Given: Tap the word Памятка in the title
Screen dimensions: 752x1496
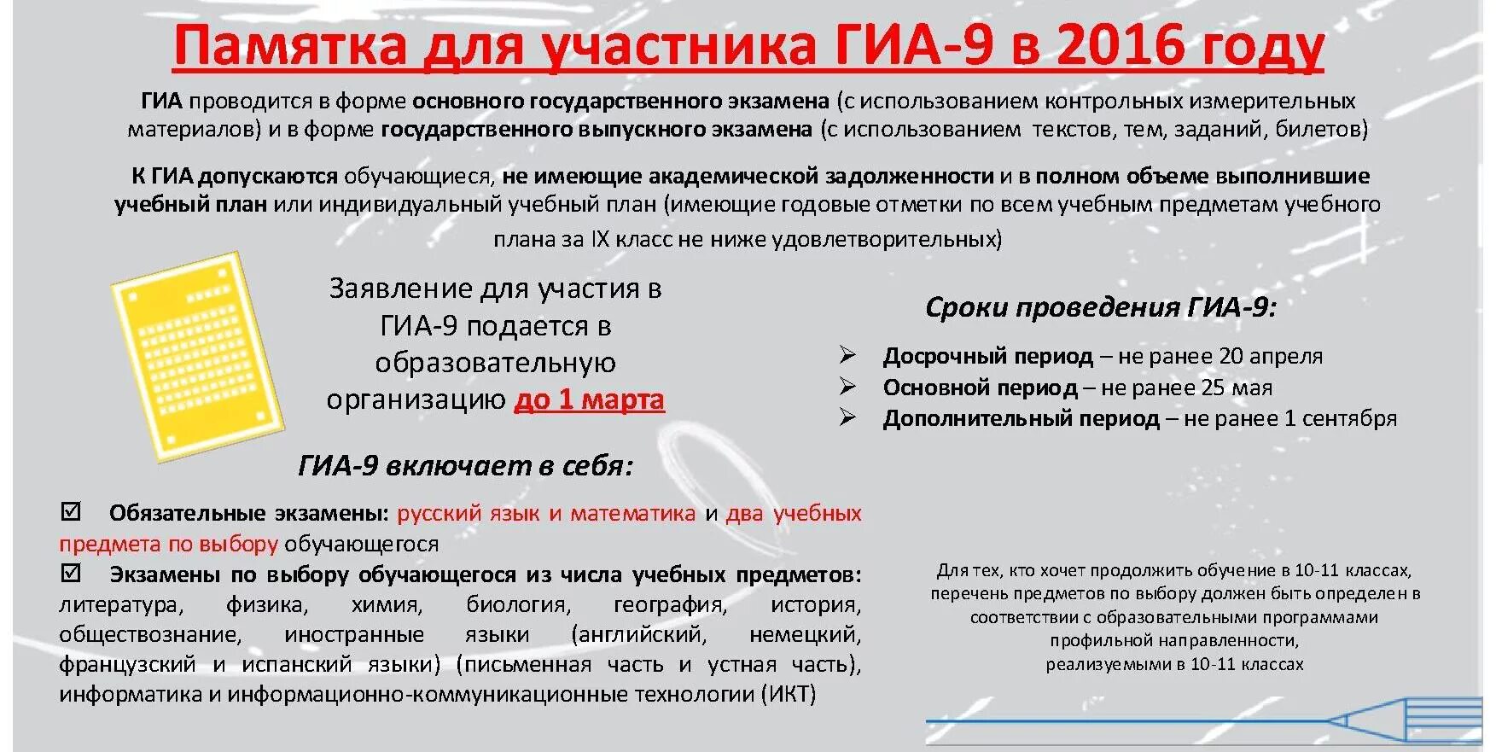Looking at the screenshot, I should click(290, 44).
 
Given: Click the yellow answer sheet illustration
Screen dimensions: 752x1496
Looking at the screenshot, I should click(198, 358).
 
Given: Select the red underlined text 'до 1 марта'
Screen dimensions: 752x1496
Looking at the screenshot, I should click(589, 399).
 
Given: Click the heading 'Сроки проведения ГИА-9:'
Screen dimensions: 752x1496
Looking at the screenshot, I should click(1101, 307).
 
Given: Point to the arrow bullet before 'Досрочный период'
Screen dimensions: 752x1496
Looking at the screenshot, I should click(847, 355).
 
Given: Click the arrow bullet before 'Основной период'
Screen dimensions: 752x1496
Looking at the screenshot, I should click(847, 387).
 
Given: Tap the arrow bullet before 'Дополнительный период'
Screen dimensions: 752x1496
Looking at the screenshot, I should click(847, 417).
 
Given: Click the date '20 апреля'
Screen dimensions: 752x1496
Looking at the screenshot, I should click(1271, 356).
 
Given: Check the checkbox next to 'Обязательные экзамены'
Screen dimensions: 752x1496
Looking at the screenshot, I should click(71, 512).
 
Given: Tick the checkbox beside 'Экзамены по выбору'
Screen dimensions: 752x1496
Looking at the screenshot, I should click(71, 573).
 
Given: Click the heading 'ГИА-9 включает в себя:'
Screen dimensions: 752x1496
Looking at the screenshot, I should click(466, 466).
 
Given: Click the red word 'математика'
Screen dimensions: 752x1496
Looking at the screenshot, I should click(633, 513).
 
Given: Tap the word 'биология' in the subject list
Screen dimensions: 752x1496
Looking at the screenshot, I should click(517, 604).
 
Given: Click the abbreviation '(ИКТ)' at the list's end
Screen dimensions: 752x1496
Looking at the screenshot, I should click(789, 693).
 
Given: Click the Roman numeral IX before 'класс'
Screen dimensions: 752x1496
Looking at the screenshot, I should click(600, 239).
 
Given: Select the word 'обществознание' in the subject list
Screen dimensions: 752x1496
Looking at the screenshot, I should click(150, 634).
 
